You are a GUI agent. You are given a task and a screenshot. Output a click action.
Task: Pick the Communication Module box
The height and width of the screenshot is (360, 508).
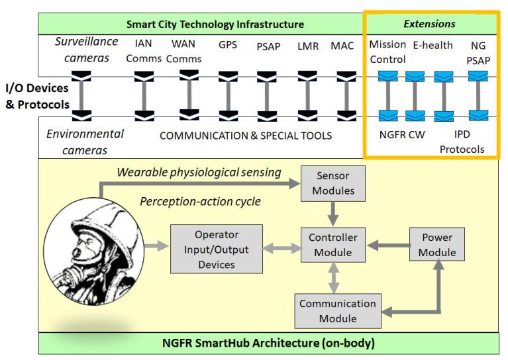(x=337, y=311)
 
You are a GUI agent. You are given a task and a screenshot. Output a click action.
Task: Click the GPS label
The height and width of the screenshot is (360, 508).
(x=228, y=46)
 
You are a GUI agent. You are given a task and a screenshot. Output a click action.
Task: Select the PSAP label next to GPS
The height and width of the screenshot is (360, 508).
(x=269, y=47)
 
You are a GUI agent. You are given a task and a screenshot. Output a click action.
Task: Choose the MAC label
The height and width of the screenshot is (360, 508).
(x=342, y=46)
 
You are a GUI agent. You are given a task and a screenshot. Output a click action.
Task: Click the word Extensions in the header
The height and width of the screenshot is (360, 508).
(x=429, y=24)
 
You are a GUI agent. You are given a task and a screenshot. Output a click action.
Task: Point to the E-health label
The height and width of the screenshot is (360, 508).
(x=432, y=46)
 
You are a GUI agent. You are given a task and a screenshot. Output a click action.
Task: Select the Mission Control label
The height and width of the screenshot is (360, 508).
(x=387, y=52)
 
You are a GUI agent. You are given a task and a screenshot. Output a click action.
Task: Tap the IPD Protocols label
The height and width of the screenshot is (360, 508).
(x=462, y=142)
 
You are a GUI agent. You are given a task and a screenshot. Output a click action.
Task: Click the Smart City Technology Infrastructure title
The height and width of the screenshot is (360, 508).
(x=215, y=24)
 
